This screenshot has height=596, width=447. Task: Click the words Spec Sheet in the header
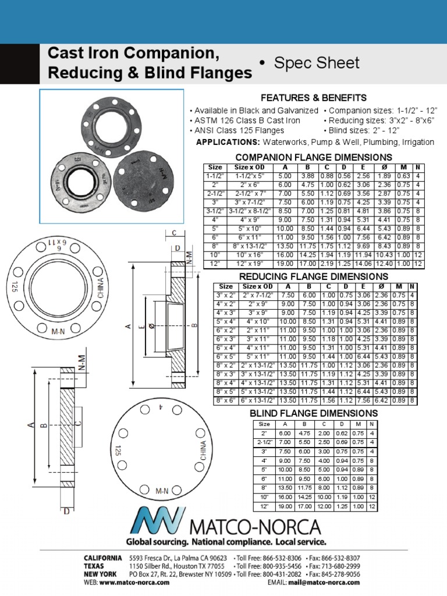tap(317, 63)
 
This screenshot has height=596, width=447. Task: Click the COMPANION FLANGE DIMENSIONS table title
tap(313, 158)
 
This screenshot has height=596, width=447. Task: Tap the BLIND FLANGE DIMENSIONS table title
tap(314, 413)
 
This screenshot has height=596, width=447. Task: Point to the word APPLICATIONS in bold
tap(228, 142)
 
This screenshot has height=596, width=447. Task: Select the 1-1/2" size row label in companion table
tap(215, 175)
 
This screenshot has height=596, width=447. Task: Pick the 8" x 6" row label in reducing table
tap(226, 400)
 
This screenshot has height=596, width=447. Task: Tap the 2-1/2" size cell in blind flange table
tap(265, 442)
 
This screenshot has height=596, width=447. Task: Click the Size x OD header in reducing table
tap(258, 286)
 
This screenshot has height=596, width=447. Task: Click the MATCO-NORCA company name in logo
tap(256, 528)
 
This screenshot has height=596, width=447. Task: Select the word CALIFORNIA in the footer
tap(103, 558)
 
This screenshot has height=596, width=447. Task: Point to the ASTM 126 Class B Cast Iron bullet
tap(245, 120)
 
